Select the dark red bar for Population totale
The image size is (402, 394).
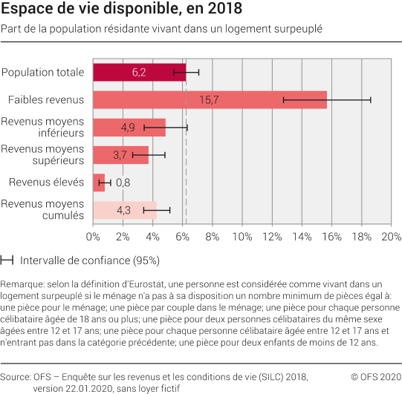(111, 72)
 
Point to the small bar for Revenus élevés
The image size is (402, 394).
(99, 183)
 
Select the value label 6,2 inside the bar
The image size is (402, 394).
(139, 72)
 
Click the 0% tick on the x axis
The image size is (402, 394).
(94, 237)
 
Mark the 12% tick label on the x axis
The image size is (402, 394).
(272, 237)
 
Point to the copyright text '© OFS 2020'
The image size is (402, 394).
(375, 376)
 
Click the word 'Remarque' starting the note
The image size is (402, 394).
(22, 284)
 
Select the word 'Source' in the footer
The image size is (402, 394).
(16, 376)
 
